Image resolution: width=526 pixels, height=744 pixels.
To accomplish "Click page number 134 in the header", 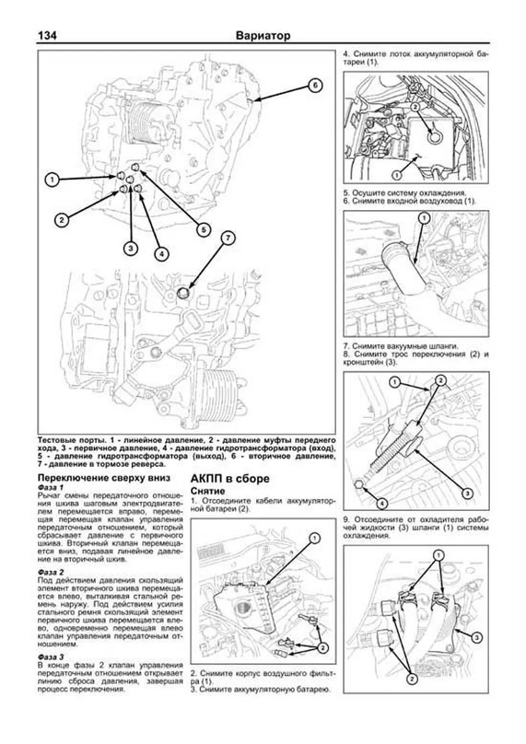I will pos(47,36).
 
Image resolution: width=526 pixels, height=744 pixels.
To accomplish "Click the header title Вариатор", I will pos(263,36).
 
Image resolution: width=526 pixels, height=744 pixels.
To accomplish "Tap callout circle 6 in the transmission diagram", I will pos(315,85).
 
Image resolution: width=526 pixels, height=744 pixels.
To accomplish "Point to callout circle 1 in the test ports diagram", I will pos(52,179).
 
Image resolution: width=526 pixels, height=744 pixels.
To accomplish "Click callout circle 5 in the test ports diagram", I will pos(203,229).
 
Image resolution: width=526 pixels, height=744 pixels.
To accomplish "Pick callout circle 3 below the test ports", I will pos(130,249).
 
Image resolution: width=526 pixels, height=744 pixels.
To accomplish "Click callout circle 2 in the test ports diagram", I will pos(62,220).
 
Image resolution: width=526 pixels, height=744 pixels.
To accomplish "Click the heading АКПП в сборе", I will pos(230,478).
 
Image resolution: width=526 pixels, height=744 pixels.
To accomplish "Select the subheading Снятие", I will pos(208,491).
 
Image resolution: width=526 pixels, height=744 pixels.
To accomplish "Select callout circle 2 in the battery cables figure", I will pos(323,648).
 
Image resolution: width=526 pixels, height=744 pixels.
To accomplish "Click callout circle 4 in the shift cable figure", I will pos(382,503).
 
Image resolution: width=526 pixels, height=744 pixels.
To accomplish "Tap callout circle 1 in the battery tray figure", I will pos(396,175).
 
